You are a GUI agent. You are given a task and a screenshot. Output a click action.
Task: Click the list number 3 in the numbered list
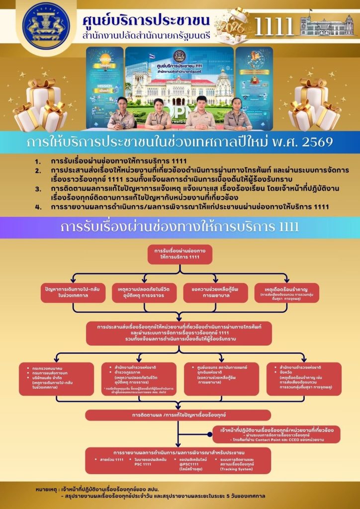(x=38, y=189)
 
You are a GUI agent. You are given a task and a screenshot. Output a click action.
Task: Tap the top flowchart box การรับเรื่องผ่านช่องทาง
(x=180, y=254)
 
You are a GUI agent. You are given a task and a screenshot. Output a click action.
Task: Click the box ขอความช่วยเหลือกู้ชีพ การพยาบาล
(x=215, y=292)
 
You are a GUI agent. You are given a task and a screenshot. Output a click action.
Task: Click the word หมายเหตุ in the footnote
(x=49, y=490)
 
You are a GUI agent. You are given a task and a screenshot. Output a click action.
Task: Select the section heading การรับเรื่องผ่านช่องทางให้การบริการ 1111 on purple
(x=180, y=227)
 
